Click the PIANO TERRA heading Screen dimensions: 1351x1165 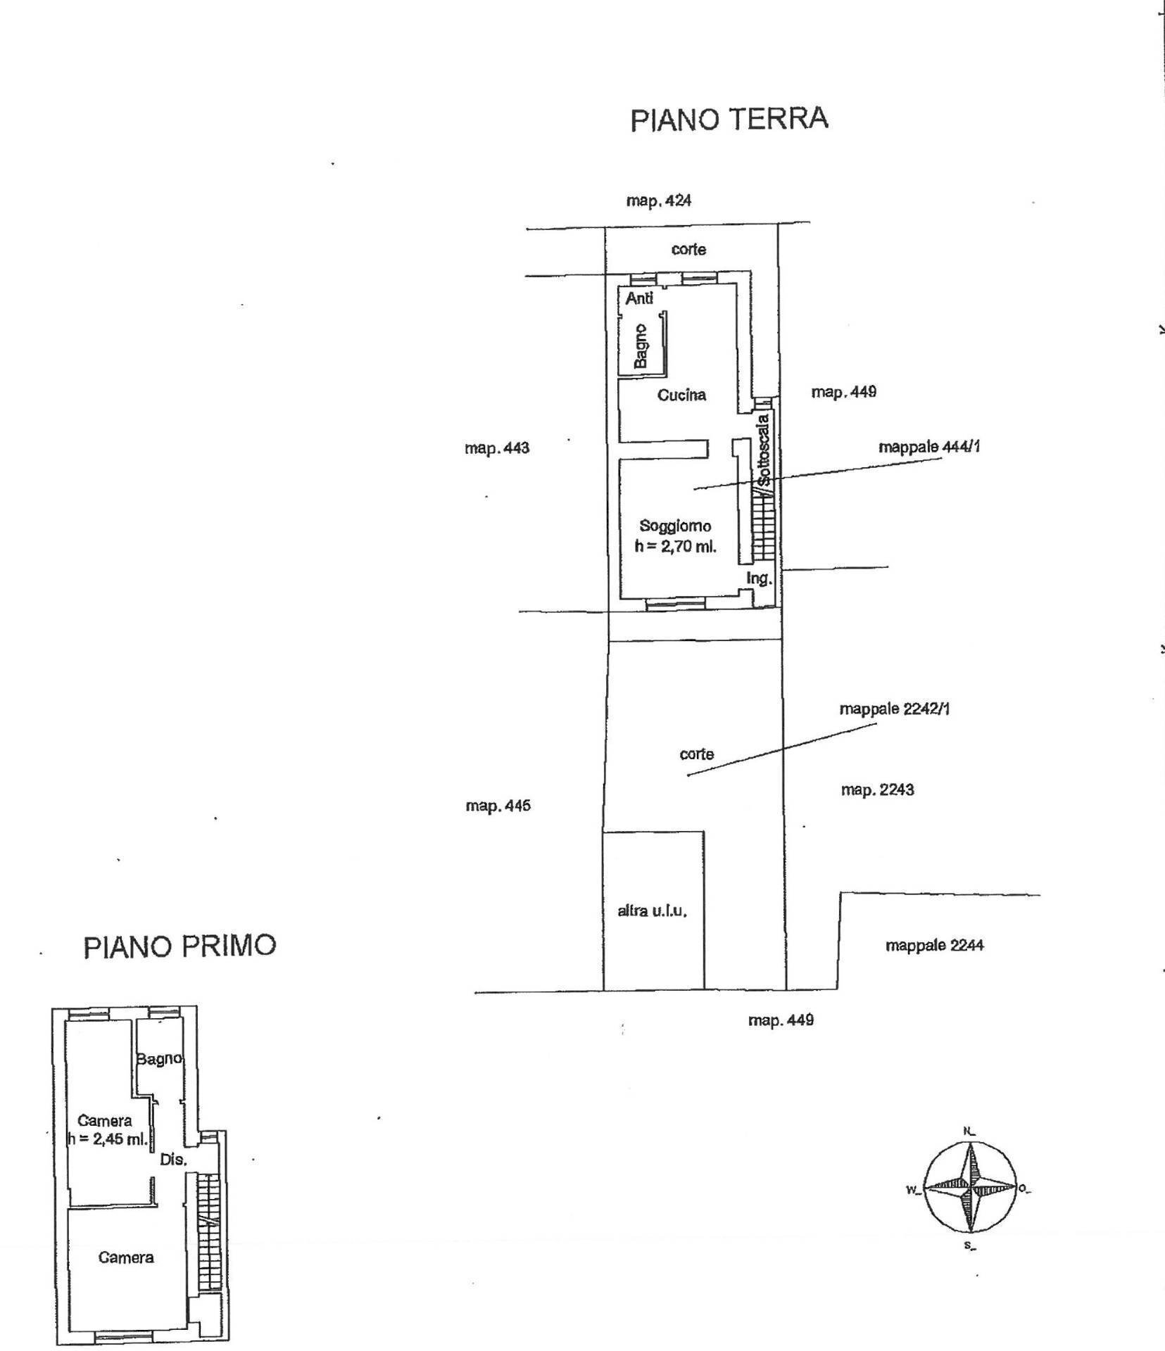[729, 119]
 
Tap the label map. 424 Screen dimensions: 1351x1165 [659, 201]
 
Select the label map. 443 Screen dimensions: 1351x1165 [497, 448]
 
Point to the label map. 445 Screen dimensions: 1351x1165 [498, 806]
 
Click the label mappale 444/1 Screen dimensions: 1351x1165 [929, 447]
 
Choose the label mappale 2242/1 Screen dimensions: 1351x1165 [895, 709]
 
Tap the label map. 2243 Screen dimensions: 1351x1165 [877, 789]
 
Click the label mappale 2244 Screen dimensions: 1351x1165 [934, 945]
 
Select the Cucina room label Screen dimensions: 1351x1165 [681, 395]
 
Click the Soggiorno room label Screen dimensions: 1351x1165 [675, 526]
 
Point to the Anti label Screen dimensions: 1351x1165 [639, 298]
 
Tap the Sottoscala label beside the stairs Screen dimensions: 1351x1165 [764, 450]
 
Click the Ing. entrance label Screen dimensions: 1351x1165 [760, 578]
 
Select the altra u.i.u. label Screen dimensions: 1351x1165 [652, 911]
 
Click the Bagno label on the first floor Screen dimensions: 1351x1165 [160, 1058]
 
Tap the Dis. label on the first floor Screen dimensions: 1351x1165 [173, 1160]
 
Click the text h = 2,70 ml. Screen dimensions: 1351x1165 [675, 546]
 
